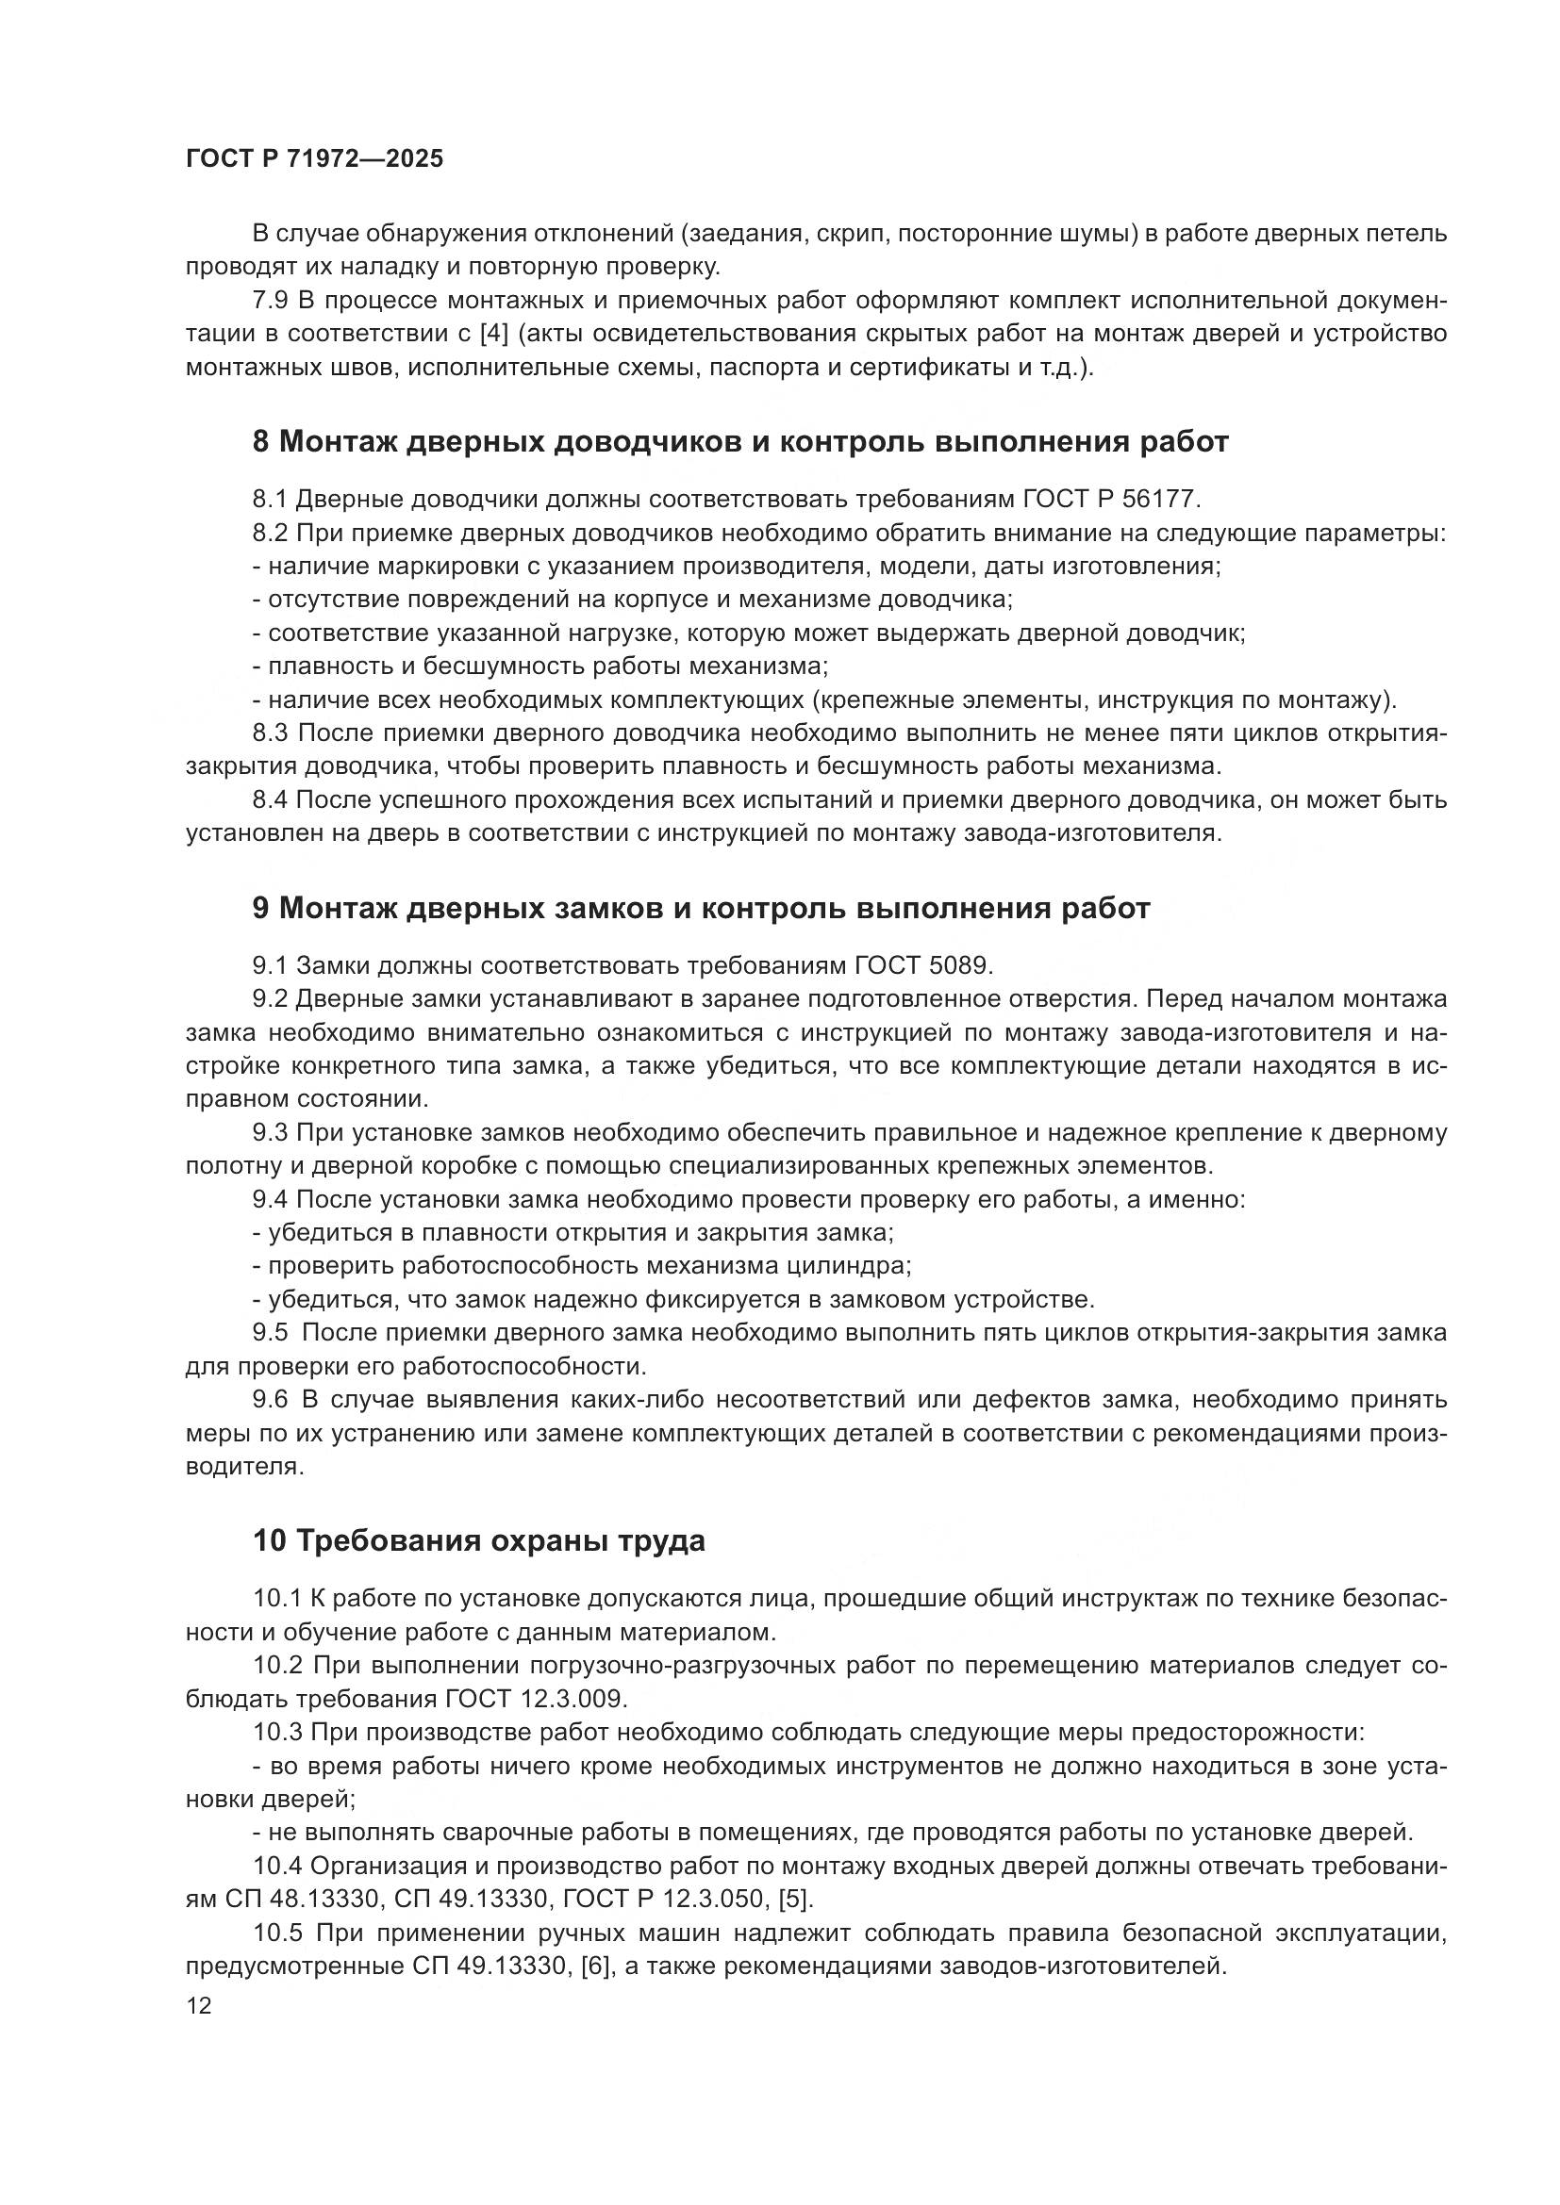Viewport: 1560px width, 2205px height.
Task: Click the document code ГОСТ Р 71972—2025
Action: coord(314,159)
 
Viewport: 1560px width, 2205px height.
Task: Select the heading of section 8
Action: coord(739,442)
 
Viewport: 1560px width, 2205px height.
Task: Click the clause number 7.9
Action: coord(270,301)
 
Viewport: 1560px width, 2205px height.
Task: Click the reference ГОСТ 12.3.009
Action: coord(536,1699)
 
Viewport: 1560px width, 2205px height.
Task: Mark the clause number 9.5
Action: coord(270,1333)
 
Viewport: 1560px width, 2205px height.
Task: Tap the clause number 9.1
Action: coord(270,965)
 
